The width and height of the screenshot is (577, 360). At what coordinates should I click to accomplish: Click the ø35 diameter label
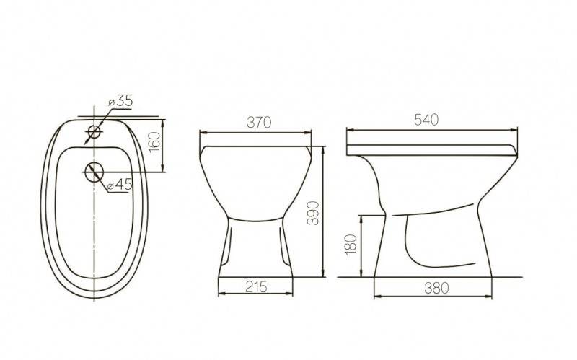120,101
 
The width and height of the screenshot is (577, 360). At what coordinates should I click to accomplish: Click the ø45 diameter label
120,185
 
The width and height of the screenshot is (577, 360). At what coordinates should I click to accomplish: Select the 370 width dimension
259,122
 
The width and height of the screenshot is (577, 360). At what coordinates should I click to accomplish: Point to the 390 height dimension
313,213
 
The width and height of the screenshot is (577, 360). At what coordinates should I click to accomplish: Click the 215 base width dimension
256,286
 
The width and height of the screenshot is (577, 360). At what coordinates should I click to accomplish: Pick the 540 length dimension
426,120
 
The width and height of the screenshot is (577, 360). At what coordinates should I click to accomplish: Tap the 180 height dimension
351,244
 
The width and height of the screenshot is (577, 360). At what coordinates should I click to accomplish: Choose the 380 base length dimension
436,289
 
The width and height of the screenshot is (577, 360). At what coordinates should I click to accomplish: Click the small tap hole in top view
94,132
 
